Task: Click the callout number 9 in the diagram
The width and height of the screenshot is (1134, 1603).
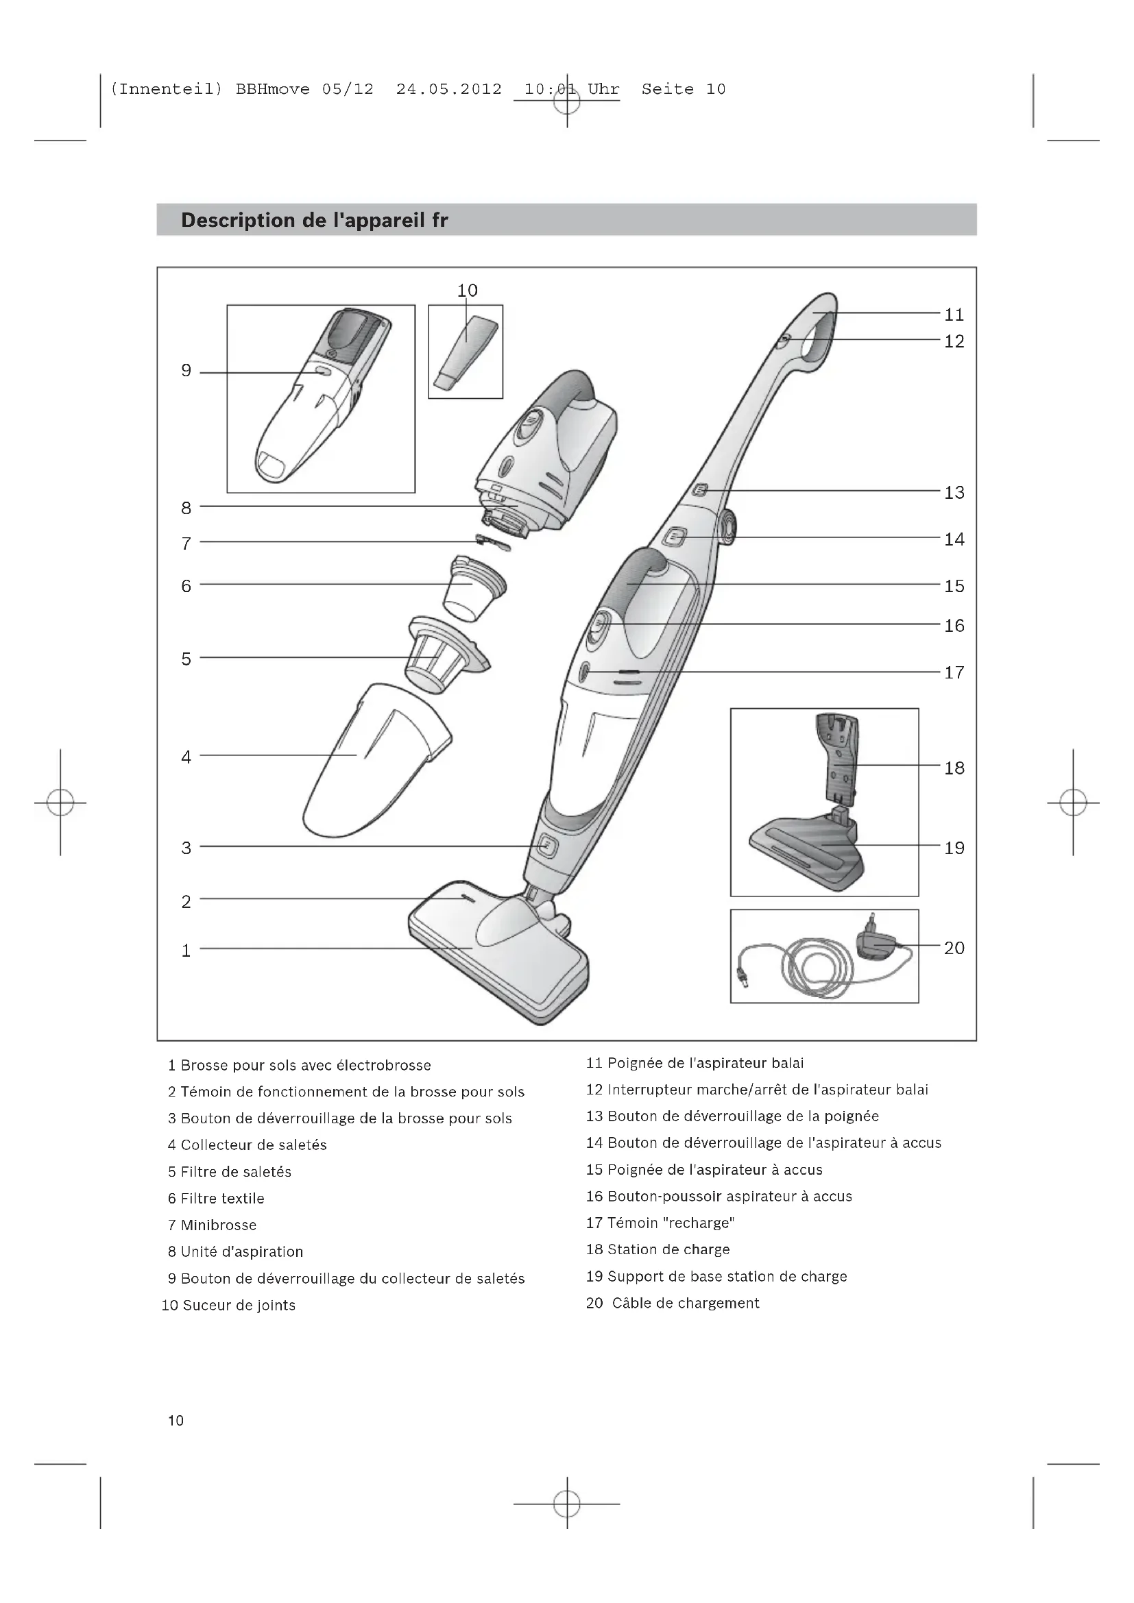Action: click(x=186, y=371)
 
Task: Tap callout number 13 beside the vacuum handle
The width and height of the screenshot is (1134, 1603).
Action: click(x=954, y=493)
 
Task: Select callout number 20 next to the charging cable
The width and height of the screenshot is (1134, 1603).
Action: click(x=954, y=948)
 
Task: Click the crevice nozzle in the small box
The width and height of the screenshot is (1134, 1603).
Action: click(x=465, y=352)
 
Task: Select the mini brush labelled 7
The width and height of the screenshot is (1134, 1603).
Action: click(x=493, y=542)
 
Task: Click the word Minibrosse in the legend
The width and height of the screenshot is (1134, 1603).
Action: click(x=219, y=1225)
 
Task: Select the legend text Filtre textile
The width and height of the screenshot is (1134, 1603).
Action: click(x=222, y=1199)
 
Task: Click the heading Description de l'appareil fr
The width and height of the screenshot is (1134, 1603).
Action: click(x=314, y=221)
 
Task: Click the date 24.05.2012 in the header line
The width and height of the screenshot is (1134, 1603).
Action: click(x=448, y=89)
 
